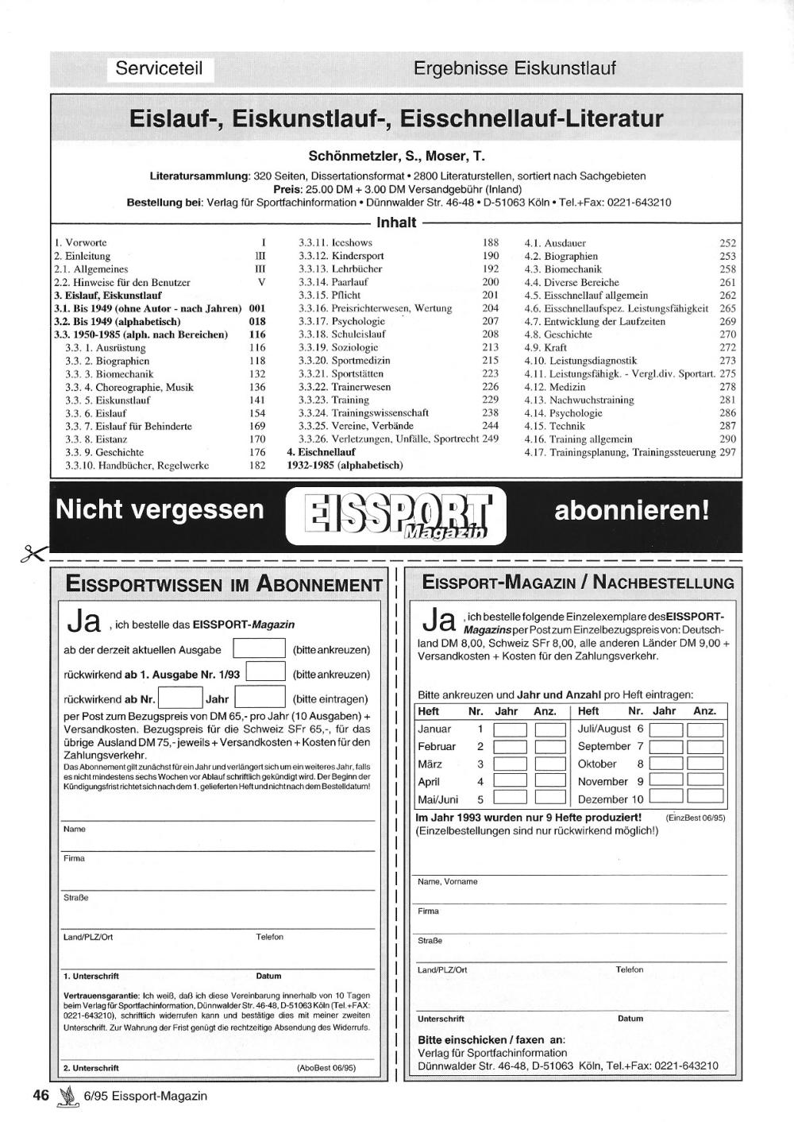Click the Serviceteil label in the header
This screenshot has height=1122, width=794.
159,68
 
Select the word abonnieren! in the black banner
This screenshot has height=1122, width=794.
632,510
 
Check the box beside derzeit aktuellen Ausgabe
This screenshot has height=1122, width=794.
259,649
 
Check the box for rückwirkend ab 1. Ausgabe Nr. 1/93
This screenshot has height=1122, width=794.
266,673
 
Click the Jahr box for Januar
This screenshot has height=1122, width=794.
511,729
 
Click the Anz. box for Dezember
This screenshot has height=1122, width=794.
705,797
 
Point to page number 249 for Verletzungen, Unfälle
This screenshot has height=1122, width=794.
490,439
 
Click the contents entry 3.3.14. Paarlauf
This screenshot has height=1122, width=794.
333,282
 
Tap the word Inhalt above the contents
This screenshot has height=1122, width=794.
396,222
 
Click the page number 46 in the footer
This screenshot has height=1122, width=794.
41,1095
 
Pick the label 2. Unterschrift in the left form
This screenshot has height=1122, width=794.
91,1068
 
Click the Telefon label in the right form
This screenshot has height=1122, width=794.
630,969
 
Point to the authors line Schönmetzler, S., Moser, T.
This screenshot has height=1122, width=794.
396,156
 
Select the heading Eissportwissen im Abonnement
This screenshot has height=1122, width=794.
224,585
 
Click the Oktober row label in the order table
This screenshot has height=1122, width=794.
597,764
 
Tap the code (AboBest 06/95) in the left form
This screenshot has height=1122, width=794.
326,1068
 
